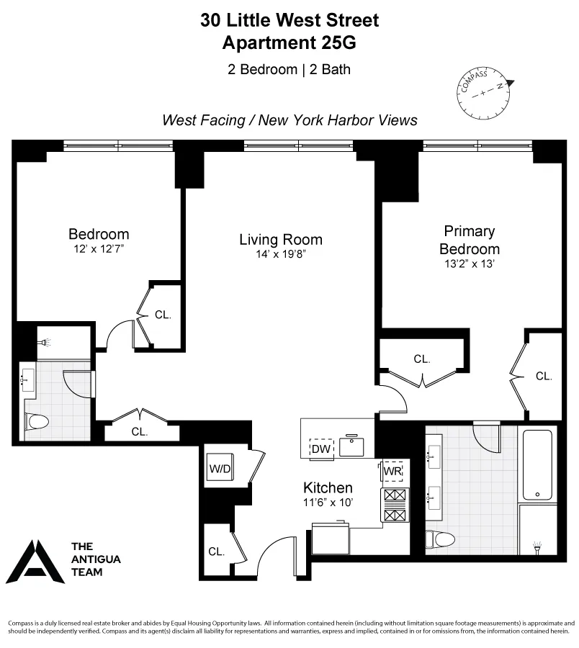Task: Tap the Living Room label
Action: click(x=281, y=240)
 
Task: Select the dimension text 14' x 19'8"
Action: click(x=281, y=254)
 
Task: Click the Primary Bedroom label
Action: click(x=470, y=240)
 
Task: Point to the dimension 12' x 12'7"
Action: click(x=99, y=248)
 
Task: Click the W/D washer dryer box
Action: click(x=220, y=469)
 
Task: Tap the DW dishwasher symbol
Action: click(x=320, y=449)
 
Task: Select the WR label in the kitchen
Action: click(x=392, y=470)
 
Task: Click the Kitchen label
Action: click(x=328, y=487)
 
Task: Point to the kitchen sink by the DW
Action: click(x=353, y=446)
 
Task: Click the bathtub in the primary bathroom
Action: click(x=537, y=464)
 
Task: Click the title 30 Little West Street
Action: click(x=289, y=20)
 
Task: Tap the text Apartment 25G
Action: click(x=289, y=42)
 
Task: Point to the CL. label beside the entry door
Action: click(x=217, y=552)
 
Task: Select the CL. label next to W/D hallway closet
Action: click(x=140, y=432)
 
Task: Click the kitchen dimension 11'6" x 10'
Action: click(x=328, y=503)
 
